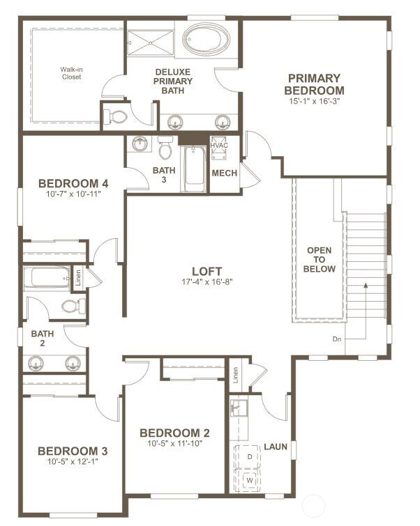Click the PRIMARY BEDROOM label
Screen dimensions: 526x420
click(314, 84)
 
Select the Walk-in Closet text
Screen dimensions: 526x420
click(70, 73)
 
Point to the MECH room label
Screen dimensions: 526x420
click(224, 173)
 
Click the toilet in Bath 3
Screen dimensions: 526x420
click(165, 148)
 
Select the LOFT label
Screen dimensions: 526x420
click(207, 271)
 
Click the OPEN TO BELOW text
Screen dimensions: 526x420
click(321, 259)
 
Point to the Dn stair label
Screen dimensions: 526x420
click(338, 340)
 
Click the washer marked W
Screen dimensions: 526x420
click(249, 479)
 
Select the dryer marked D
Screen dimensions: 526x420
click(249, 456)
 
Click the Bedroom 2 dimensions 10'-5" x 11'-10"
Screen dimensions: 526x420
click(174, 443)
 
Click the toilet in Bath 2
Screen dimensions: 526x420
click(73, 305)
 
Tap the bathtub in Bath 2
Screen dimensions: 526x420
click(47, 278)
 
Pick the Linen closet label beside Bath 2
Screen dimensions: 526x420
click(78, 278)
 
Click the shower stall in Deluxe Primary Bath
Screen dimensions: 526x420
click(149, 42)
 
